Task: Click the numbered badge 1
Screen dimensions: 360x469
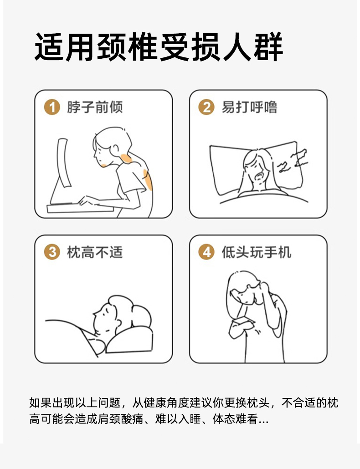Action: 52,107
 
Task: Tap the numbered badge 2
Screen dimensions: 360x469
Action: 206,107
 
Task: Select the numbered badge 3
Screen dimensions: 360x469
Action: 52,252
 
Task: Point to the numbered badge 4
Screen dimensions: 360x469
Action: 206,252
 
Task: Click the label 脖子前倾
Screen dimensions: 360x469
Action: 95,107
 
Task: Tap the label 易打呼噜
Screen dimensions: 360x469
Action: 250,107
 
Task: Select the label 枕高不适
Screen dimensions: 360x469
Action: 95,252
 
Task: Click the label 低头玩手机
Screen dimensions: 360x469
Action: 257,252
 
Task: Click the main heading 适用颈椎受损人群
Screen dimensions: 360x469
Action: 159,47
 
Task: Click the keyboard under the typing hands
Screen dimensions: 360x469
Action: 80,208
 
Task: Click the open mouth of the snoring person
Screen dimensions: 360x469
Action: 259,176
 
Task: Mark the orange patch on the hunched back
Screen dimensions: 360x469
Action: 148,179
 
